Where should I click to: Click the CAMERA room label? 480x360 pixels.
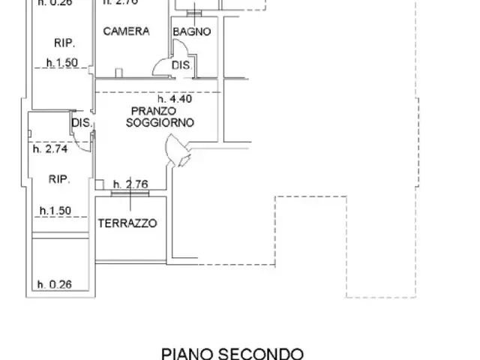click(127, 31)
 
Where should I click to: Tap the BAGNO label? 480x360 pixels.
click(191, 31)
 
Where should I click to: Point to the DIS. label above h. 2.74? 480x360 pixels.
click(81, 123)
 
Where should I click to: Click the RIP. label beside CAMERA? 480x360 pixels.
click(62, 42)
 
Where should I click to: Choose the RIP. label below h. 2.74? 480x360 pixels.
click(59, 179)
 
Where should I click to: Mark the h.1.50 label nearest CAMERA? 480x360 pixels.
click(61, 64)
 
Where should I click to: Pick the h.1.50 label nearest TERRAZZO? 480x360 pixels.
click(55, 211)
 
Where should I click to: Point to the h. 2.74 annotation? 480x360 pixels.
click(51, 148)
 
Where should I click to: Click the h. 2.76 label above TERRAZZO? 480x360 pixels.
click(132, 184)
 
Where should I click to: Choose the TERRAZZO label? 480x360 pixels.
click(127, 223)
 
